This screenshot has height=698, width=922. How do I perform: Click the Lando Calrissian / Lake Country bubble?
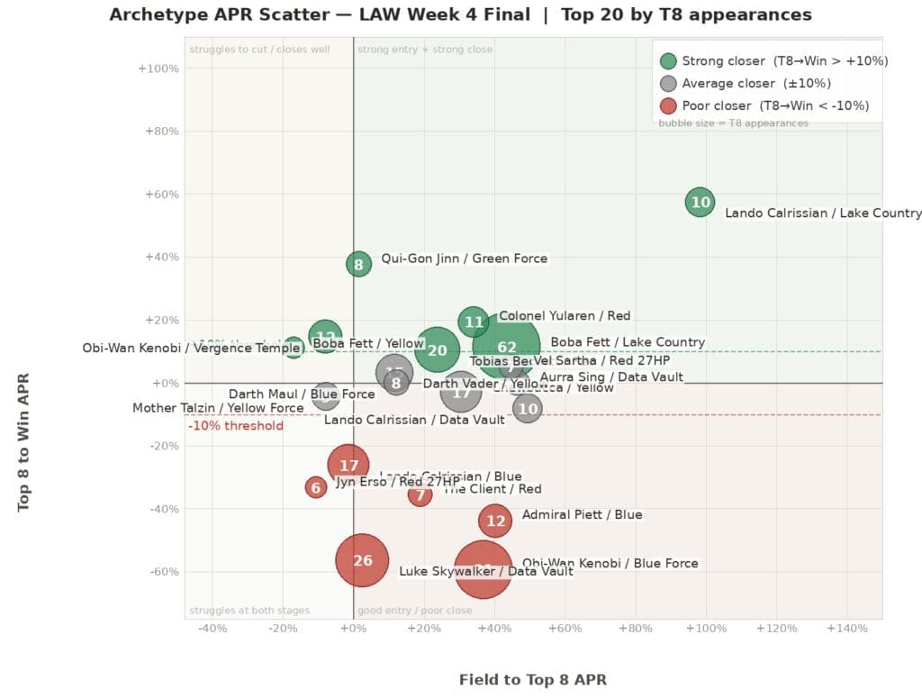[701, 202]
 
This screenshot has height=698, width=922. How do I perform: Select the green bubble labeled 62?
[506, 348]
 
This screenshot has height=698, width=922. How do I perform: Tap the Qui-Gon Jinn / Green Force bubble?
[358, 264]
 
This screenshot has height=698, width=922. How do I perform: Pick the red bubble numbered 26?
[362, 560]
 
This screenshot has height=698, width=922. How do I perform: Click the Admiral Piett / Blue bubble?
[495, 520]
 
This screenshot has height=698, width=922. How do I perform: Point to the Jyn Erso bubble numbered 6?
[315, 487]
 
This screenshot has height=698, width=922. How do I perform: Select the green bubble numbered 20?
[437, 350]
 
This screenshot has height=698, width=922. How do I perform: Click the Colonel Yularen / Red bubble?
[474, 322]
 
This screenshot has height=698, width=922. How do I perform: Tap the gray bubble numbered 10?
[528, 408]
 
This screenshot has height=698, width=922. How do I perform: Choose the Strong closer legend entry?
[774, 61]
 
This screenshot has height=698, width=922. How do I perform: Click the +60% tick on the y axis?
[161, 195]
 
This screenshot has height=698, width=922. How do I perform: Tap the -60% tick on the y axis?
[161, 572]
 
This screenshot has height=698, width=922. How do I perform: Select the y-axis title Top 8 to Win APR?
[24, 442]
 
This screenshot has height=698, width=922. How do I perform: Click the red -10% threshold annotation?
[236, 426]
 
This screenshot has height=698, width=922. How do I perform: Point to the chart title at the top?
[460, 14]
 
